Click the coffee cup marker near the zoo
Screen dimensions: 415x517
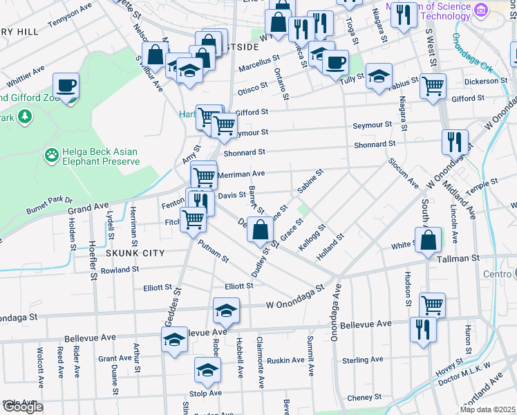pos(66,86)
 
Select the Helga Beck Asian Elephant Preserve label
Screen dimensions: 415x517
pos(101,156)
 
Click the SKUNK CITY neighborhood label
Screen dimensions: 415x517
pos(135,253)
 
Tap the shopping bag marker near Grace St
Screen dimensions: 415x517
pos(260,230)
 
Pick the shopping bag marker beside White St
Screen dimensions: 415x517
pos(429,240)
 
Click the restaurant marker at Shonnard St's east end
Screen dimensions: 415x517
pos(455,142)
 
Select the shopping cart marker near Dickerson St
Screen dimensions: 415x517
pos(433,86)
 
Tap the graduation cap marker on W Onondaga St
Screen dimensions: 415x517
pos(226,311)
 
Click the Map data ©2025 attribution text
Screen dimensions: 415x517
pos(487,409)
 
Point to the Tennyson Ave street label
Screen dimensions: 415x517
pos(70,19)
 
